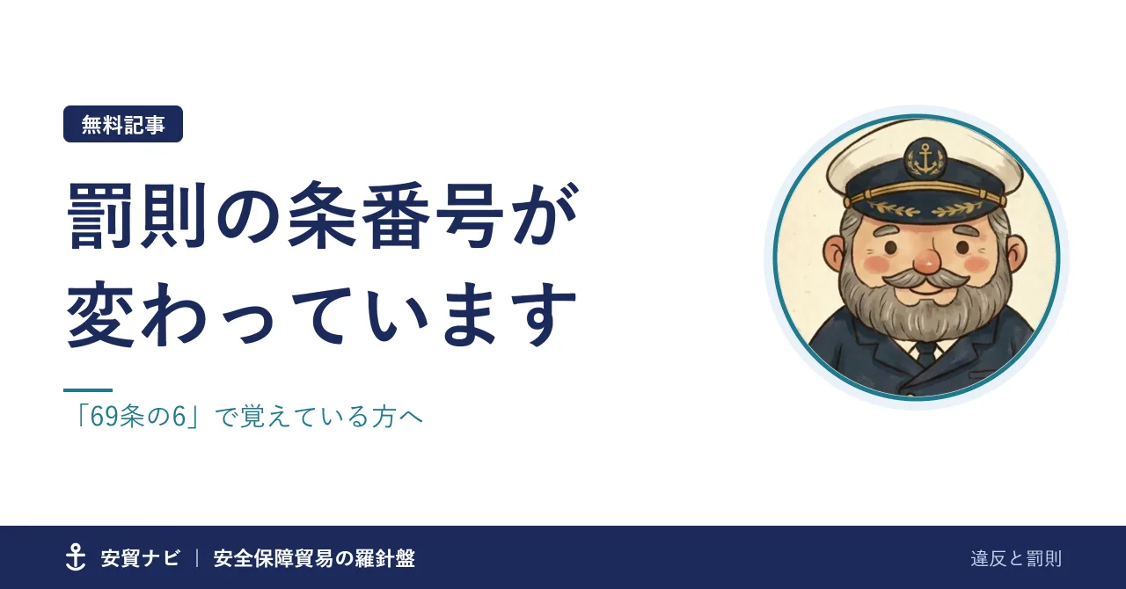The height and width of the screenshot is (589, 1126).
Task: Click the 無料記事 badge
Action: pyautogui.click(x=123, y=124)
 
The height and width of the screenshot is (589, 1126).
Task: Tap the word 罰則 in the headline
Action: pyautogui.click(x=137, y=215)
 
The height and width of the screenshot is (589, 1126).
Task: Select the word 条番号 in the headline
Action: pyautogui.click(x=396, y=215)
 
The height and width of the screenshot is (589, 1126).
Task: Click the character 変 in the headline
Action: pyautogui.click(x=100, y=315)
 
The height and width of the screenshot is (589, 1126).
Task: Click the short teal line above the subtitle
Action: pyautogui.click(x=88, y=390)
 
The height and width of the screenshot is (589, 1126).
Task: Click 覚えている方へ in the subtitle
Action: pyautogui.click(x=332, y=417)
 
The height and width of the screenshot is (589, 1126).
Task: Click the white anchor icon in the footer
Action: pyautogui.click(x=76, y=557)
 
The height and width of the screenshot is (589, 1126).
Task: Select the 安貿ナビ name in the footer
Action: pyautogui.click(x=140, y=558)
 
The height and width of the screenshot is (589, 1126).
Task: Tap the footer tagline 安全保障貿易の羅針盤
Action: pyautogui.click(x=314, y=558)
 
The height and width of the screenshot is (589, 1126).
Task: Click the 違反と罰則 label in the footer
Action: pyautogui.click(x=1016, y=559)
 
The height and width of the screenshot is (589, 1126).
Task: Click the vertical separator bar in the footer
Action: pyautogui.click(x=197, y=558)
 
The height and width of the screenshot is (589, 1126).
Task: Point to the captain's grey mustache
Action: pyautogui.click(x=926, y=280)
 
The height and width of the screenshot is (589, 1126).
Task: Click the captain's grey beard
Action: pyautogui.click(x=925, y=307)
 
